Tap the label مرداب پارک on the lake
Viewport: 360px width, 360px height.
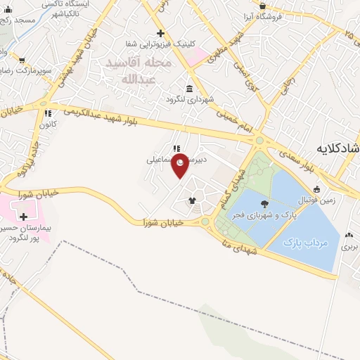307,243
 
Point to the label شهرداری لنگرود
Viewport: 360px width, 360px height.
189,99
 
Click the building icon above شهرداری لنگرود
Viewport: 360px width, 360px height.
189,88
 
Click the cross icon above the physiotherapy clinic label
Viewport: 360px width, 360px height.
160,33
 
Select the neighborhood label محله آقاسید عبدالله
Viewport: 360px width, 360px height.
139,70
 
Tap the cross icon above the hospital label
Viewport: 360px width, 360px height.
25,217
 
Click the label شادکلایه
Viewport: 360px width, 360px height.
338,148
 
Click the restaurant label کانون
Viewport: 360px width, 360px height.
47,125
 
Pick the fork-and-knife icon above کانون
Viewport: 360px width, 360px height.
48,113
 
